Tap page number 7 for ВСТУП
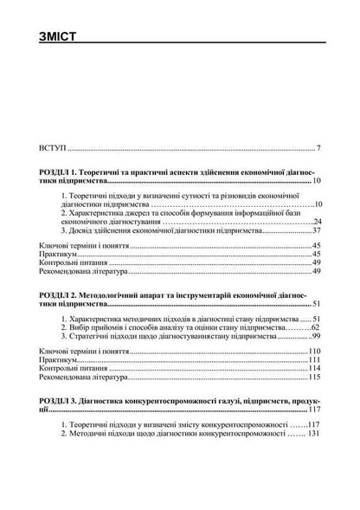point(318,149)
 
